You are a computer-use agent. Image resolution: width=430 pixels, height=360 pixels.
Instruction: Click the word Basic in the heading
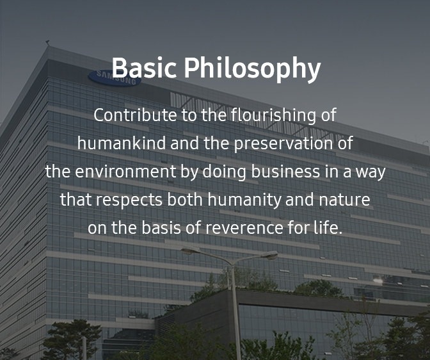pyautogui.click(x=144, y=67)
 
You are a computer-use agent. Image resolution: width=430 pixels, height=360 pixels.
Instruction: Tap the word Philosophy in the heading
pyautogui.click(x=252, y=69)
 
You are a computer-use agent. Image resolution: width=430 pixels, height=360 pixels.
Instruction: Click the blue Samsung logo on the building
pyautogui.click(x=115, y=78)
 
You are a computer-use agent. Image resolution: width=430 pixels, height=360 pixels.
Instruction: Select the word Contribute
pyautogui.click(x=135, y=115)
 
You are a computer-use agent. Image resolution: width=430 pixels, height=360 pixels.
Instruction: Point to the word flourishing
pyautogui.click(x=273, y=116)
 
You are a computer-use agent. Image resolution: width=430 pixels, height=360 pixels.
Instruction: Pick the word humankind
pyautogui.click(x=122, y=143)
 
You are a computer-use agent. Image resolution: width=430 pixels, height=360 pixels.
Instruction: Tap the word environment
pyautogui.click(x=125, y=172)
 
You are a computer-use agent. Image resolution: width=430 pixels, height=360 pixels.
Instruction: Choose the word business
pyautogui.click(x=285, y=171)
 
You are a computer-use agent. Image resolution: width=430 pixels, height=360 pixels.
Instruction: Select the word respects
pyautogui.click(x=129, y=200)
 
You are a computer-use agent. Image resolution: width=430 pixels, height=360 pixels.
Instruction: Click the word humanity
pyautogui.click(x=244, y=200)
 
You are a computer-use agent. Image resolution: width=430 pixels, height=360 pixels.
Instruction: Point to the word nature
pyautogui.click(x=344, y=200)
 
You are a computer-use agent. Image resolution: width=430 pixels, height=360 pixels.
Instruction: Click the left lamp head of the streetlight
pyautogui.click(x=191, y=250)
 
